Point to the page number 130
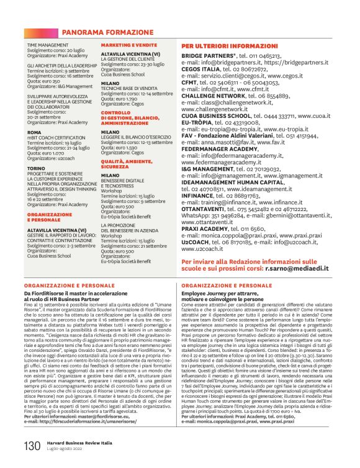pyautogui.click(x=32, y=446)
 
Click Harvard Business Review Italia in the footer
pyautogui.click(x=78, y=443)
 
